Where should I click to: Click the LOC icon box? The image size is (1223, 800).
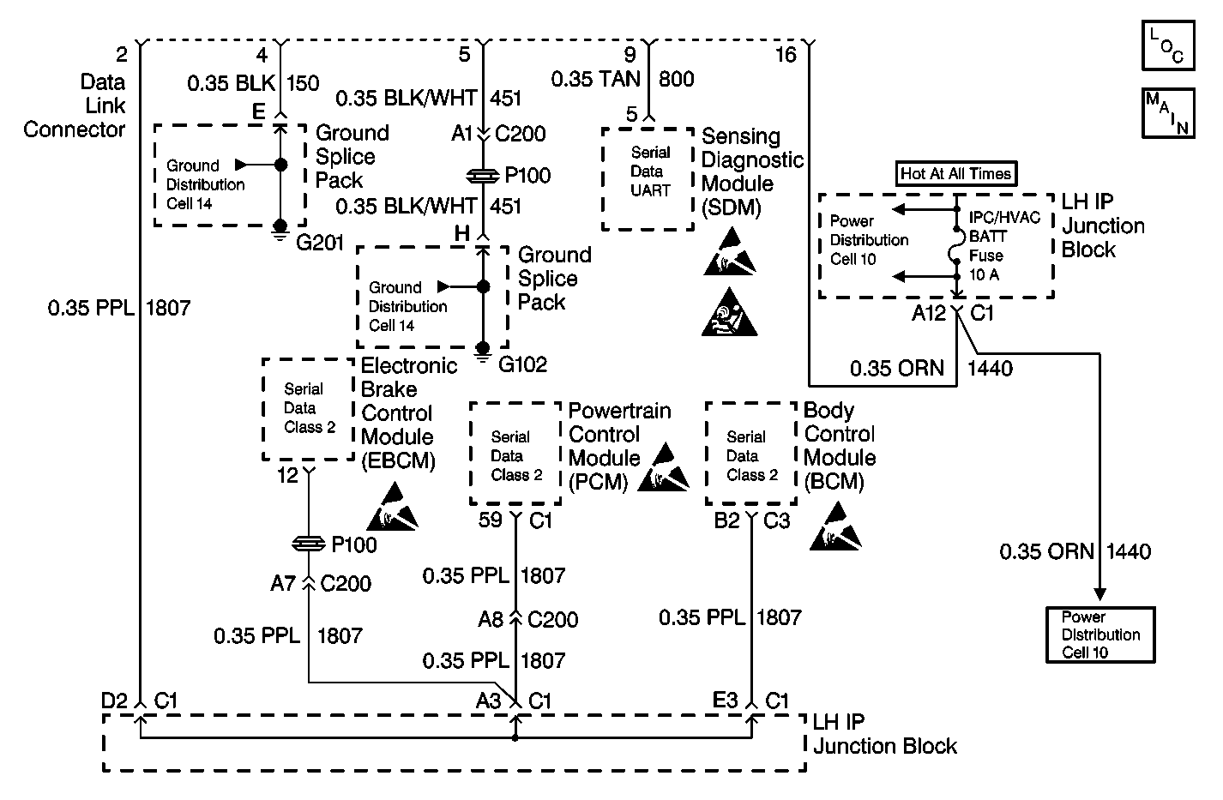(x=1168, y=45)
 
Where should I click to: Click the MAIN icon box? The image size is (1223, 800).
(x=1168, y=113)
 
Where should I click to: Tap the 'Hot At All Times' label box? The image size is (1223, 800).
(x=955, y=173)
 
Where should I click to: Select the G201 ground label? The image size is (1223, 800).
(x=319, y=243)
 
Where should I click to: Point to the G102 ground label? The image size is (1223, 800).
(x=522, y=364)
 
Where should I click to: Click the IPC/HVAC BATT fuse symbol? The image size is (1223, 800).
(x=956, y=245)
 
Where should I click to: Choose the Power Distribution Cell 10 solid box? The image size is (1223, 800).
(x=1100, y=635)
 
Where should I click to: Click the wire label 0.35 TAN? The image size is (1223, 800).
(x=595, y=79)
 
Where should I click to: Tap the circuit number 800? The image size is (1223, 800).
(x=676, y=79)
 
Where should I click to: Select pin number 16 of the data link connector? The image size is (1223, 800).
(x=786, y=55)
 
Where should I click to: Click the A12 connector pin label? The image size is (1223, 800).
(x=928, y=313)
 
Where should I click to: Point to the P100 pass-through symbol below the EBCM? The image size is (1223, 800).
(x=309, y=544)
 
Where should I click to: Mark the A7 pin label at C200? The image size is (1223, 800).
(x=283, y=584)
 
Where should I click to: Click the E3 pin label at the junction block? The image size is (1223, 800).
(x=726, y=701)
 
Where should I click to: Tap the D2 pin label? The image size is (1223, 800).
(x=114, y=701)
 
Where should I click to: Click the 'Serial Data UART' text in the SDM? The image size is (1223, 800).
(x=650, y=171)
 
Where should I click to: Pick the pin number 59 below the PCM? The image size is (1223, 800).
(x=490, y=520)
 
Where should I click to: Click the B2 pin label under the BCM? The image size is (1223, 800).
(x=726, y=520)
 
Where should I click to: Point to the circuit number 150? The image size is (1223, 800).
(x=303, y=83)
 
